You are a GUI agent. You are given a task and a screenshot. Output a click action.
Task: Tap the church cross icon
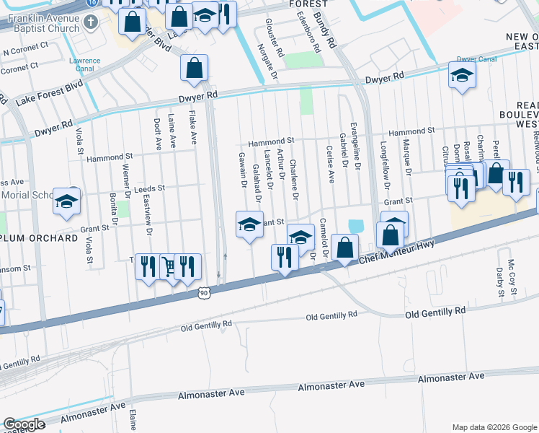pyautogui.click(x=90, y=22)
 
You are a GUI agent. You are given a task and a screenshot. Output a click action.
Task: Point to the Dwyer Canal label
pyautogui.click(x=477, y=58)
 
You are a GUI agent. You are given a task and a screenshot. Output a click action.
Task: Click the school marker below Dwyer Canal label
pyautogui.click(x=462, y=74)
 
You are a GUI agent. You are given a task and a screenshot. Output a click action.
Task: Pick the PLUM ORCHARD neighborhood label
pyautogui.click(x=40, y=237)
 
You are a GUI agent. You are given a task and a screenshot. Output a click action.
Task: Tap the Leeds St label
pyautogui.click(x=150, y=188)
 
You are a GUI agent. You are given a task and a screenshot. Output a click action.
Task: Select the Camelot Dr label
pyautogui.click(x=324, y=238)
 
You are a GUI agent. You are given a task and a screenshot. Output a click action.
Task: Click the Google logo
pyautogui.click(x=25, y=425)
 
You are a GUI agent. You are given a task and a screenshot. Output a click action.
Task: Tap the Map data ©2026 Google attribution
pyautogui.click(x=494, y=427)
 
